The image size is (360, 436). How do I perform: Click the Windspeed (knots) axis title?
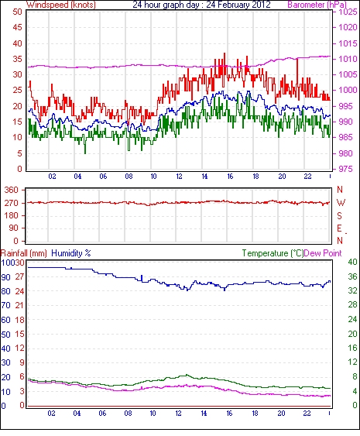61,5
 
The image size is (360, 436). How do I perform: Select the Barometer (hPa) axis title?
317,5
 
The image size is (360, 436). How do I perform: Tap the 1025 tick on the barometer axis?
348,12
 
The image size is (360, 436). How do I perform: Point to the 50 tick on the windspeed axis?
18,12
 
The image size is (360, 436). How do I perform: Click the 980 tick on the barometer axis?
345,153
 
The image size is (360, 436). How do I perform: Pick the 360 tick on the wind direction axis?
12,191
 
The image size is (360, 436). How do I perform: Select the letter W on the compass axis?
341,203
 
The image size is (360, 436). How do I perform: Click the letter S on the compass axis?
339,215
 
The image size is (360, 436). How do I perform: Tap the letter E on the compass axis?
339,228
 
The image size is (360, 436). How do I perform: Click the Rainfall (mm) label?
24,253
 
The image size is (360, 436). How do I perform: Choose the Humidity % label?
71,253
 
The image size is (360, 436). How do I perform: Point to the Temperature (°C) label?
273,253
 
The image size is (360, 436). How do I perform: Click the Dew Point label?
323,253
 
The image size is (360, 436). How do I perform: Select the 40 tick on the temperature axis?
352,262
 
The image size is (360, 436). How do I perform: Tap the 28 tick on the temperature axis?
352,305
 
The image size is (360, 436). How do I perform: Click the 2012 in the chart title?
260,5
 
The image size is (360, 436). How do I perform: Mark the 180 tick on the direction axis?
12,215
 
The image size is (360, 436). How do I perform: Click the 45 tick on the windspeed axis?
18,28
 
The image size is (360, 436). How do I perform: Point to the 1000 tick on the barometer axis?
348,90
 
